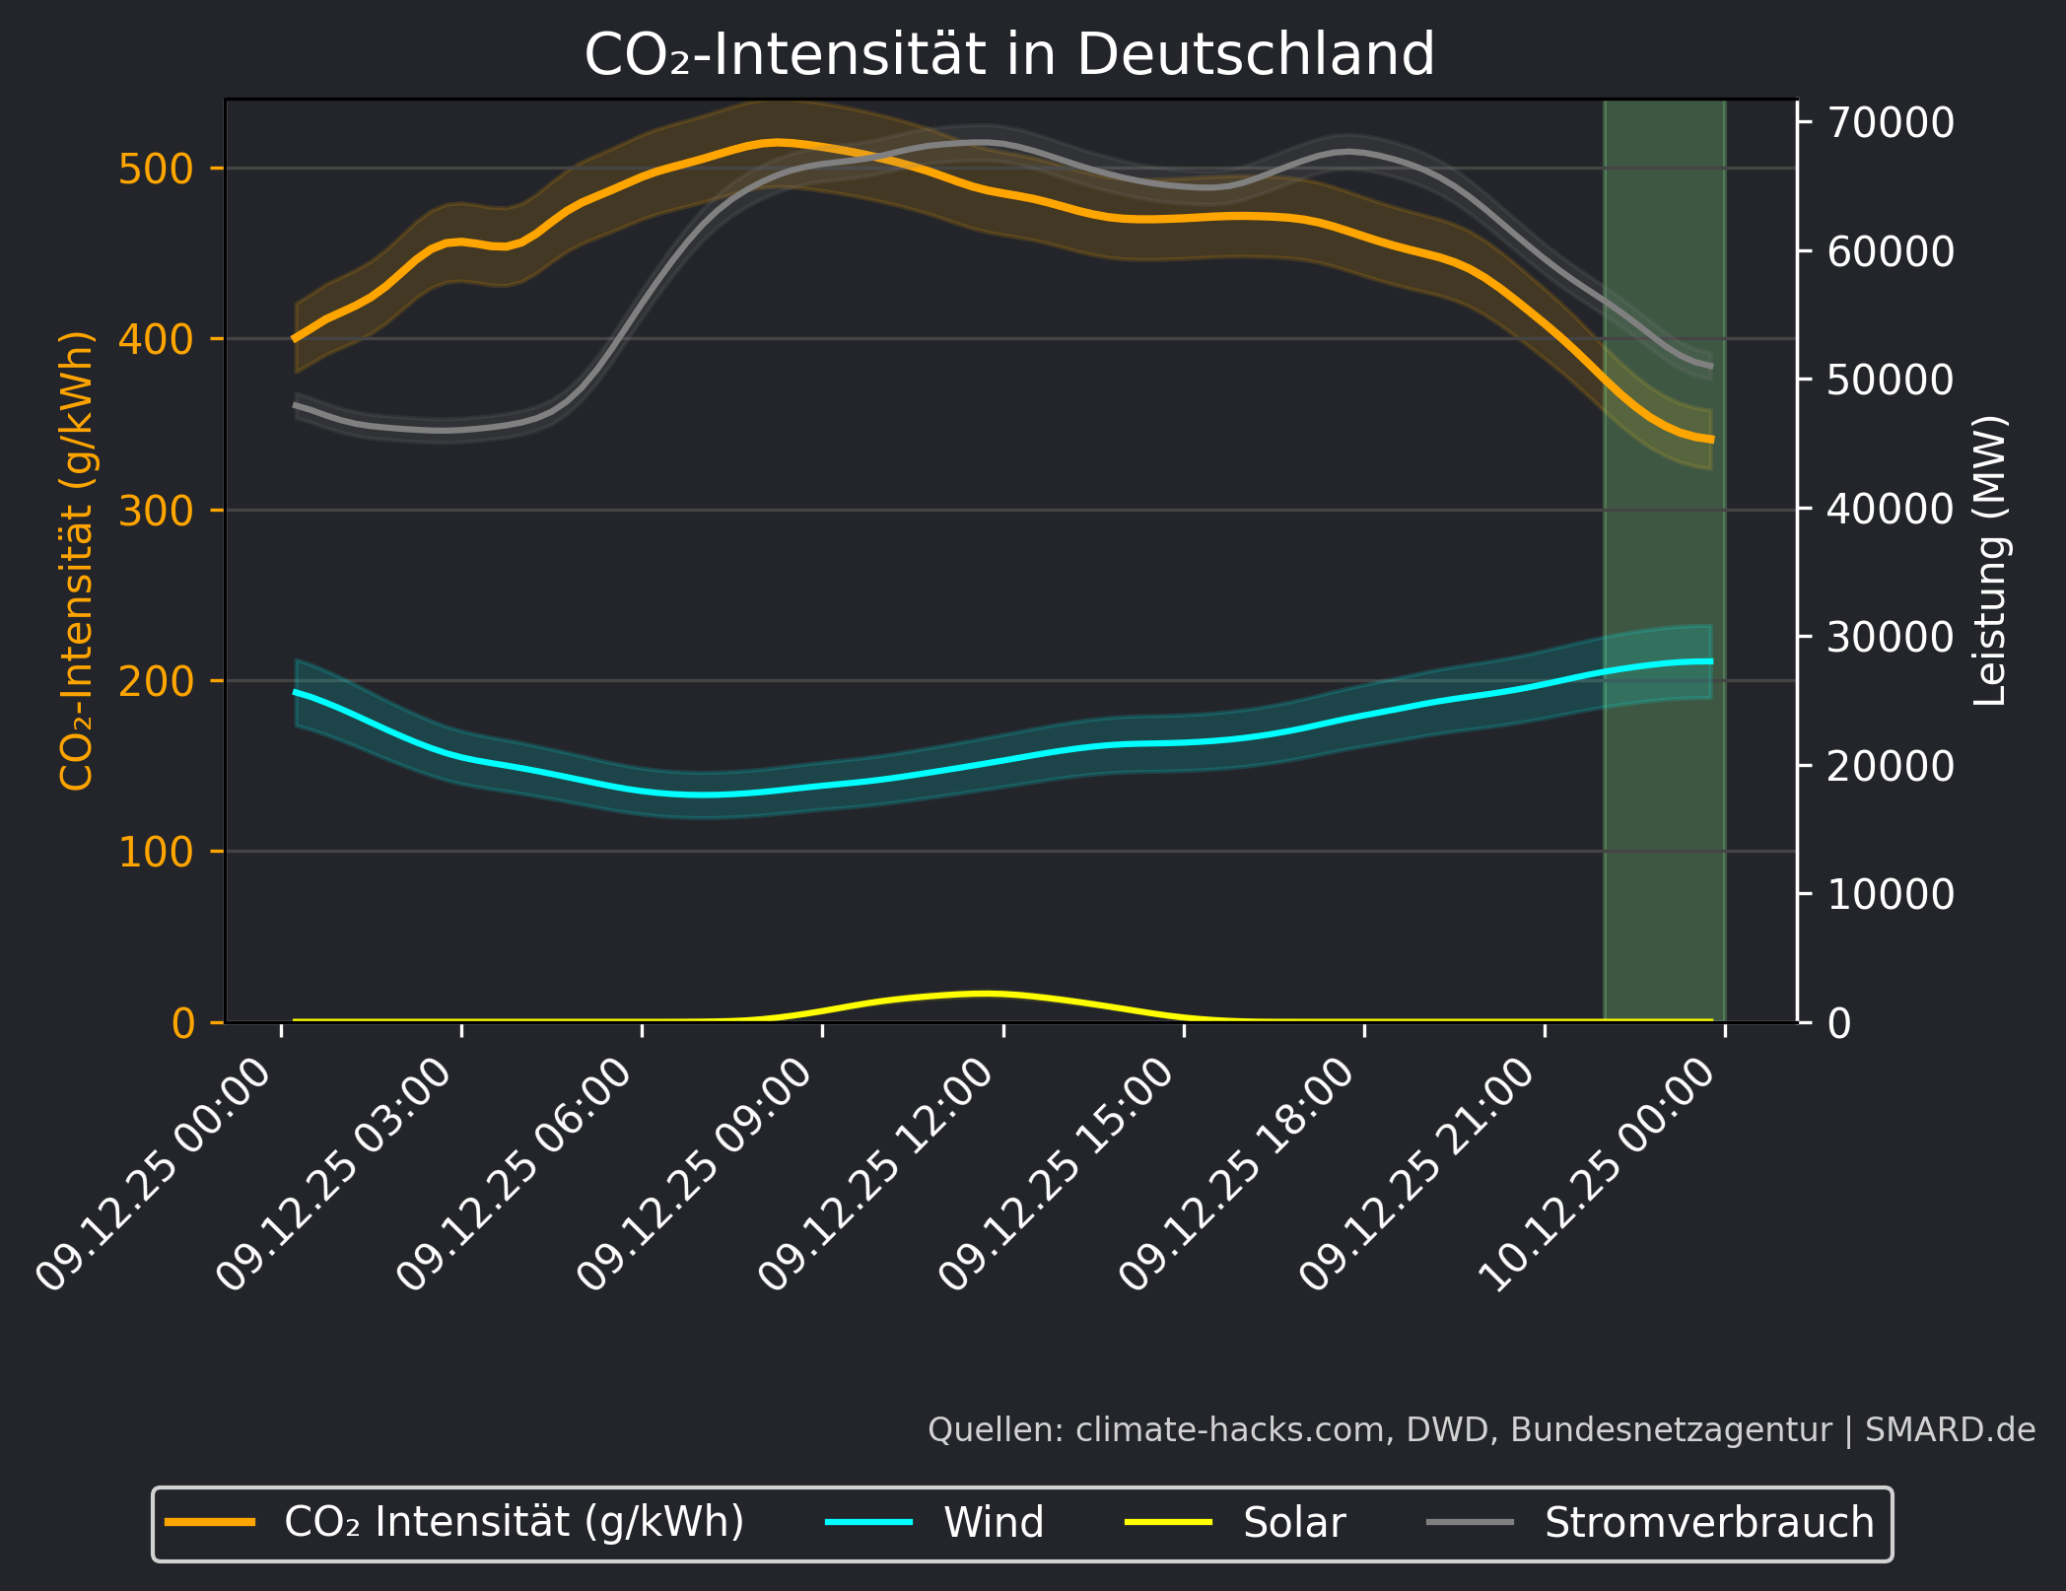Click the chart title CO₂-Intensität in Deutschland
(x=1009, y=54)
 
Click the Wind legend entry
(x=993, y=1523)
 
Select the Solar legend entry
(x=1293, y=1523)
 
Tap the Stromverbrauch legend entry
(x=1708, y=1523)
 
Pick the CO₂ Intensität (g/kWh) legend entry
(x=514, y=1523)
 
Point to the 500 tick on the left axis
(x=156, y=169)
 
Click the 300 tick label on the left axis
(x=156, y=511)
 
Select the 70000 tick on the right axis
(x=1890, y=122)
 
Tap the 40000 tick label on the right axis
(x=1890, y=509)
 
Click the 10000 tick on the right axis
(x=1890, y=894)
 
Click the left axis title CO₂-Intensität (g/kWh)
(x=76, y=560)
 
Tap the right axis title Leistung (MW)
(x=1989, y=560)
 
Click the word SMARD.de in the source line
(x=1950, y=1429)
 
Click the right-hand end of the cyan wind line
(x=1711, y=661)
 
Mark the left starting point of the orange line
(x=295, y=339)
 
